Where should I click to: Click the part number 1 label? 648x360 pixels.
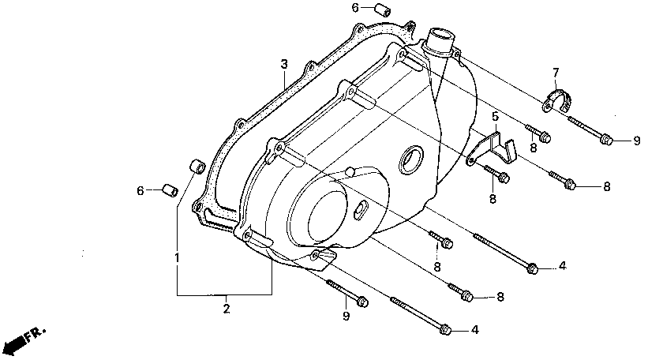178,257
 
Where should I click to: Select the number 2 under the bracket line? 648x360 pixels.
226,308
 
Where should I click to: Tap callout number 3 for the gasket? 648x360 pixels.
283,63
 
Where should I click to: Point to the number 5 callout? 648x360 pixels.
495,117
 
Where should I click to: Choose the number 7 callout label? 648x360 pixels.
556,73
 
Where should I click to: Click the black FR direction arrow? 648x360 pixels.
13,346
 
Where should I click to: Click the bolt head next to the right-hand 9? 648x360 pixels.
606,140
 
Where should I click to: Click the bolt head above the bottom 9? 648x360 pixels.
361,302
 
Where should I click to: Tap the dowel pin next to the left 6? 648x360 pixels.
167,190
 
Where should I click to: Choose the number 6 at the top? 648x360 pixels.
355,8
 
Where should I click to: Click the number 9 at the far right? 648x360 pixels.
636,141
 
